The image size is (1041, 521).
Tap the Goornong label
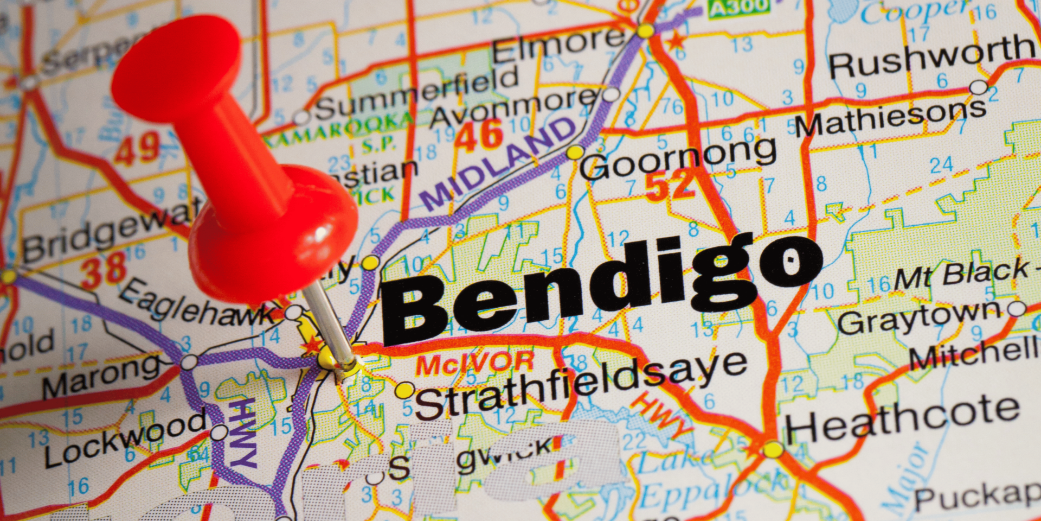(x=678, y=157)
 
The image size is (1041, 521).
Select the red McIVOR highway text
(x=475, y=364)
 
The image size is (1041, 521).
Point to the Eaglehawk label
(x=198, y=304)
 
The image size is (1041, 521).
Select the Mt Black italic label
(x=960, y=274)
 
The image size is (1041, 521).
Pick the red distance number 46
(x=479, y=136)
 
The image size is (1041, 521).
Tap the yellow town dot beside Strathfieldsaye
(x=404, y=390)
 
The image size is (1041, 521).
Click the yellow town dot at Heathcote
(x=773, y=449)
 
